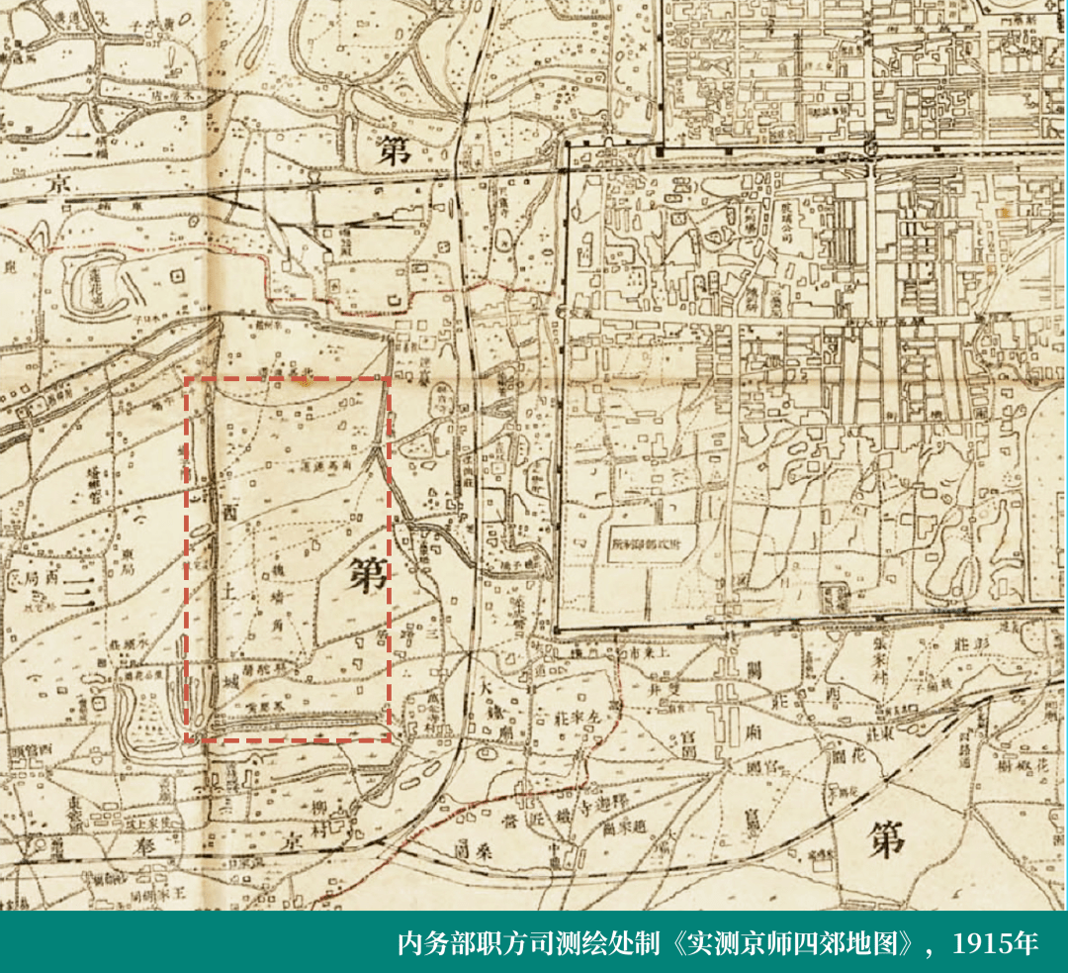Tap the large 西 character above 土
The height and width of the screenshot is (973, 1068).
230,512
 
